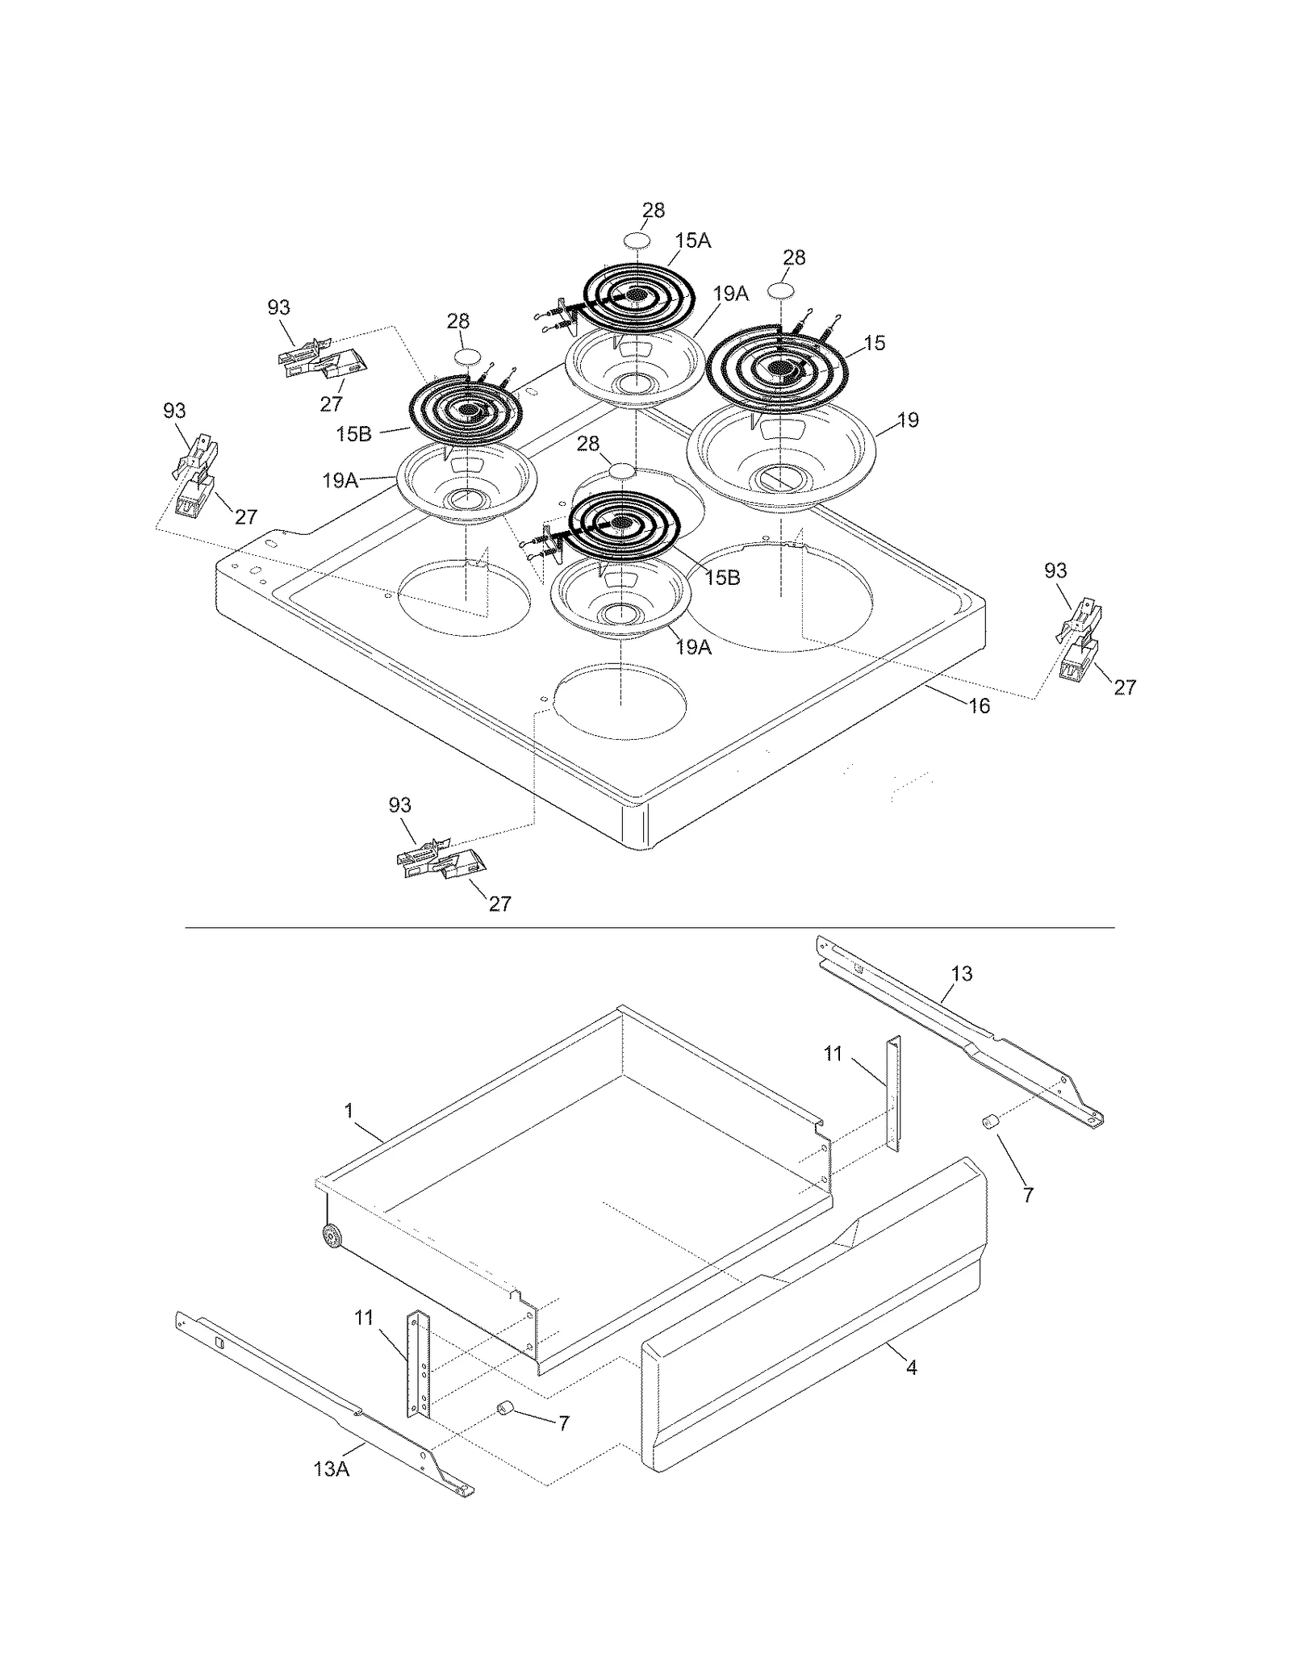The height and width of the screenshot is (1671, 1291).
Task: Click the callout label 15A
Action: pos(693,240)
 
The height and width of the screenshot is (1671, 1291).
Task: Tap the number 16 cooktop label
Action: pos(978,706)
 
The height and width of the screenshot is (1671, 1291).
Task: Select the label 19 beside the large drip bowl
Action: pos(908,420)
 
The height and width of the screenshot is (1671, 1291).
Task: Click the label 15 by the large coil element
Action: pos(874,343)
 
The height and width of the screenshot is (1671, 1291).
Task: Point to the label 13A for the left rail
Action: pos(331,1469)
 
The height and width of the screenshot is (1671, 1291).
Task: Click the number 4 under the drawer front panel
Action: pos(911,1368)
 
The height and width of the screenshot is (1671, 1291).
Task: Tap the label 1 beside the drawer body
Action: pos(349,1111)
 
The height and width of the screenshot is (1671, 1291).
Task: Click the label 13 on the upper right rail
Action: pos(961,974)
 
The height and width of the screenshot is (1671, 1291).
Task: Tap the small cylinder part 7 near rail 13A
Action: pos(507,1408)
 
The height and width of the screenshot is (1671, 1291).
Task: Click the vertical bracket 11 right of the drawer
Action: pos(893,1093)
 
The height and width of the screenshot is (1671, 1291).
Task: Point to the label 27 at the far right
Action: pos(1124,687)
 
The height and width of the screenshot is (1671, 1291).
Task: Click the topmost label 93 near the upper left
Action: pos(278,307)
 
